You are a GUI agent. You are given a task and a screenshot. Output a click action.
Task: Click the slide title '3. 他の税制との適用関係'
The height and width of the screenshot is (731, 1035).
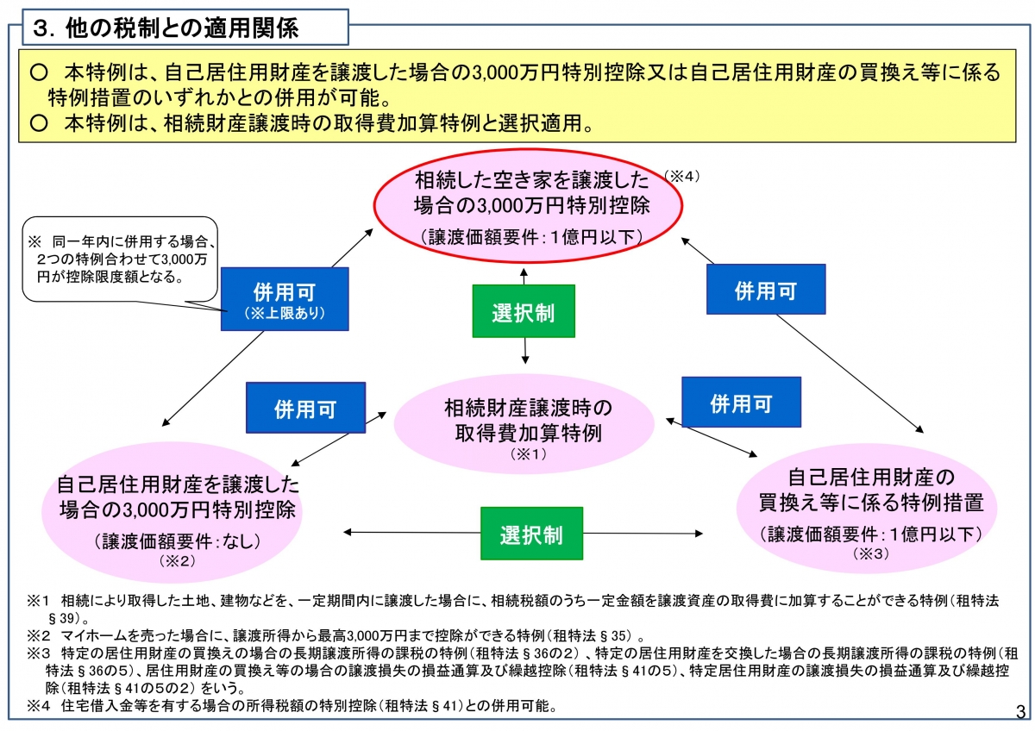point(166,28)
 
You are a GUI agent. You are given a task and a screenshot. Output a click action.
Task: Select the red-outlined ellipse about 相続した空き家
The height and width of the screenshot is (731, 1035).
point(528,205)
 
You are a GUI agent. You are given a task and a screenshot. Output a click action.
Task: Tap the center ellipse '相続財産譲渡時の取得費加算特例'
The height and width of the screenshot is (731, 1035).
point(524,423)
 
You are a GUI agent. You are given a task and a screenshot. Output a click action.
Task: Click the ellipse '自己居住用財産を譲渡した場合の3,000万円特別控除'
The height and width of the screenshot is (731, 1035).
point(172,512)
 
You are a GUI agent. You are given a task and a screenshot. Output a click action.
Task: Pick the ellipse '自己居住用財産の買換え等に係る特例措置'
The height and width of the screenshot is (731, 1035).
point(867,508)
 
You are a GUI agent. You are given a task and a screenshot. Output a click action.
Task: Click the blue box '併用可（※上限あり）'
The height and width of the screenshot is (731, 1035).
point(285,299)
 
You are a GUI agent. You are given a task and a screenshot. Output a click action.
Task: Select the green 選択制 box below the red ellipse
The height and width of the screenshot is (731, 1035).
point(524,311)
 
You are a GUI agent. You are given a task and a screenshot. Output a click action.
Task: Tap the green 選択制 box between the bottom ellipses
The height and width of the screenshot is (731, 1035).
point(531,534)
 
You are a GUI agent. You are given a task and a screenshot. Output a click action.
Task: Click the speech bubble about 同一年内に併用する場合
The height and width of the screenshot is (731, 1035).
point(120,259)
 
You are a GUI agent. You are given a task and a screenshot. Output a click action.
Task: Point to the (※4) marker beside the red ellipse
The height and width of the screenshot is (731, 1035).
point(681,176)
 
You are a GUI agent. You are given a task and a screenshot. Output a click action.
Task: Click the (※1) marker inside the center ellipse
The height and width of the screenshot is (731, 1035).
point(528,454)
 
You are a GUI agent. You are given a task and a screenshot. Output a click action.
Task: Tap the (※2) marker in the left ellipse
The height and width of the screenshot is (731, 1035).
point(177,560)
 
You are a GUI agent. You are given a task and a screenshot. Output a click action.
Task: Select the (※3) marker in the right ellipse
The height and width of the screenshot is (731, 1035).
point(870,553)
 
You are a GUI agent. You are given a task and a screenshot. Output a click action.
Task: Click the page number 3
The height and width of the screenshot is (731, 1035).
point(1020,712)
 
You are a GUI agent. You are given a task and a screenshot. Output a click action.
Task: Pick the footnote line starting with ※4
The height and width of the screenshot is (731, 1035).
point(292,706)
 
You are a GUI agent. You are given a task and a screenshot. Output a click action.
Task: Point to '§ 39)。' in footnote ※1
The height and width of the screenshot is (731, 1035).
point(68,618)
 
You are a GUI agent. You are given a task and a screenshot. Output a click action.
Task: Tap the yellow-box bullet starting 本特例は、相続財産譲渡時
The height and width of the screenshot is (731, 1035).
point(311,123)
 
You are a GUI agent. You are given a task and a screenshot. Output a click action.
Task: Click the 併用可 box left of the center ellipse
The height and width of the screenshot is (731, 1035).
point(305,407)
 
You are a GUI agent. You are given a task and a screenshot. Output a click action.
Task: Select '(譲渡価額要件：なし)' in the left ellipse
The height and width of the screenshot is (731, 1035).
point(178,540)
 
